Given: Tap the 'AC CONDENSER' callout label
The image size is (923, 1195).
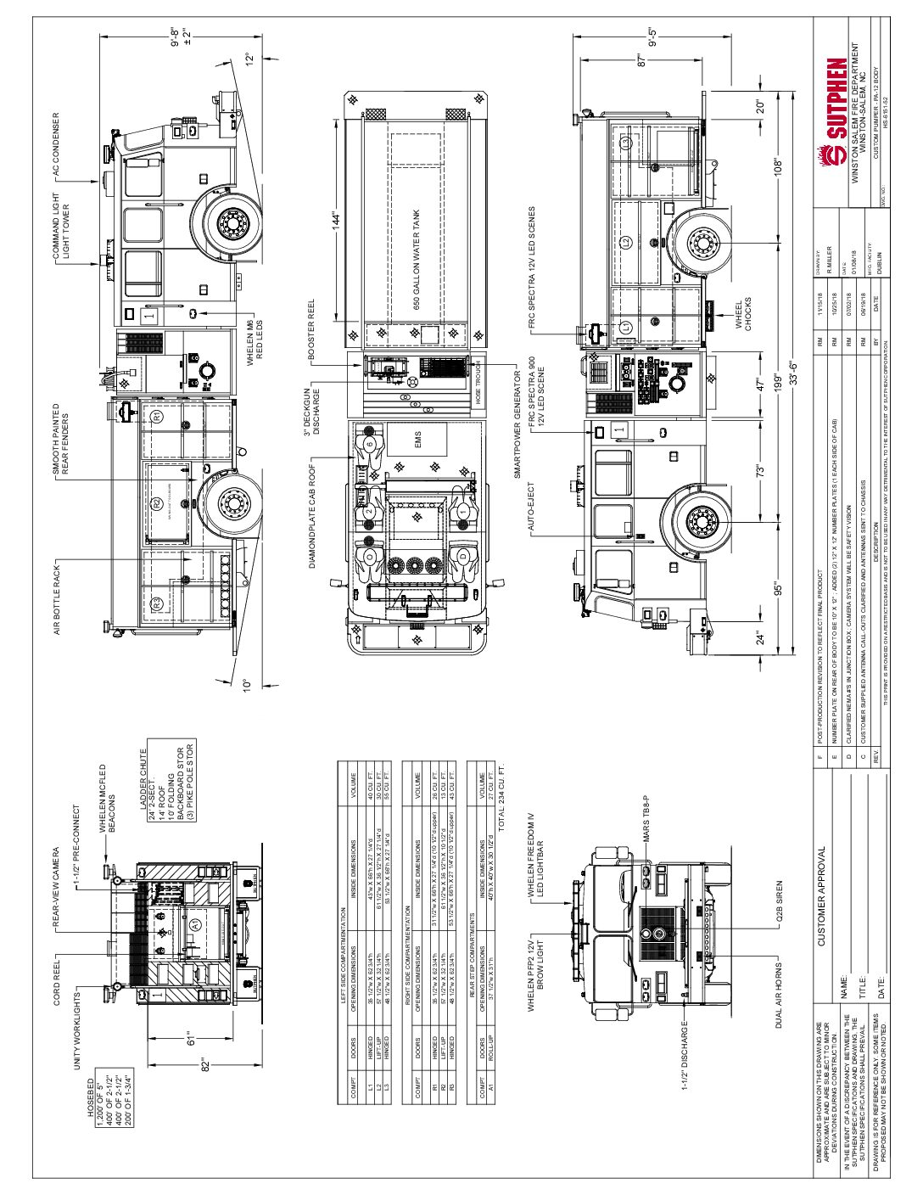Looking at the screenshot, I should pos(58,146).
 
